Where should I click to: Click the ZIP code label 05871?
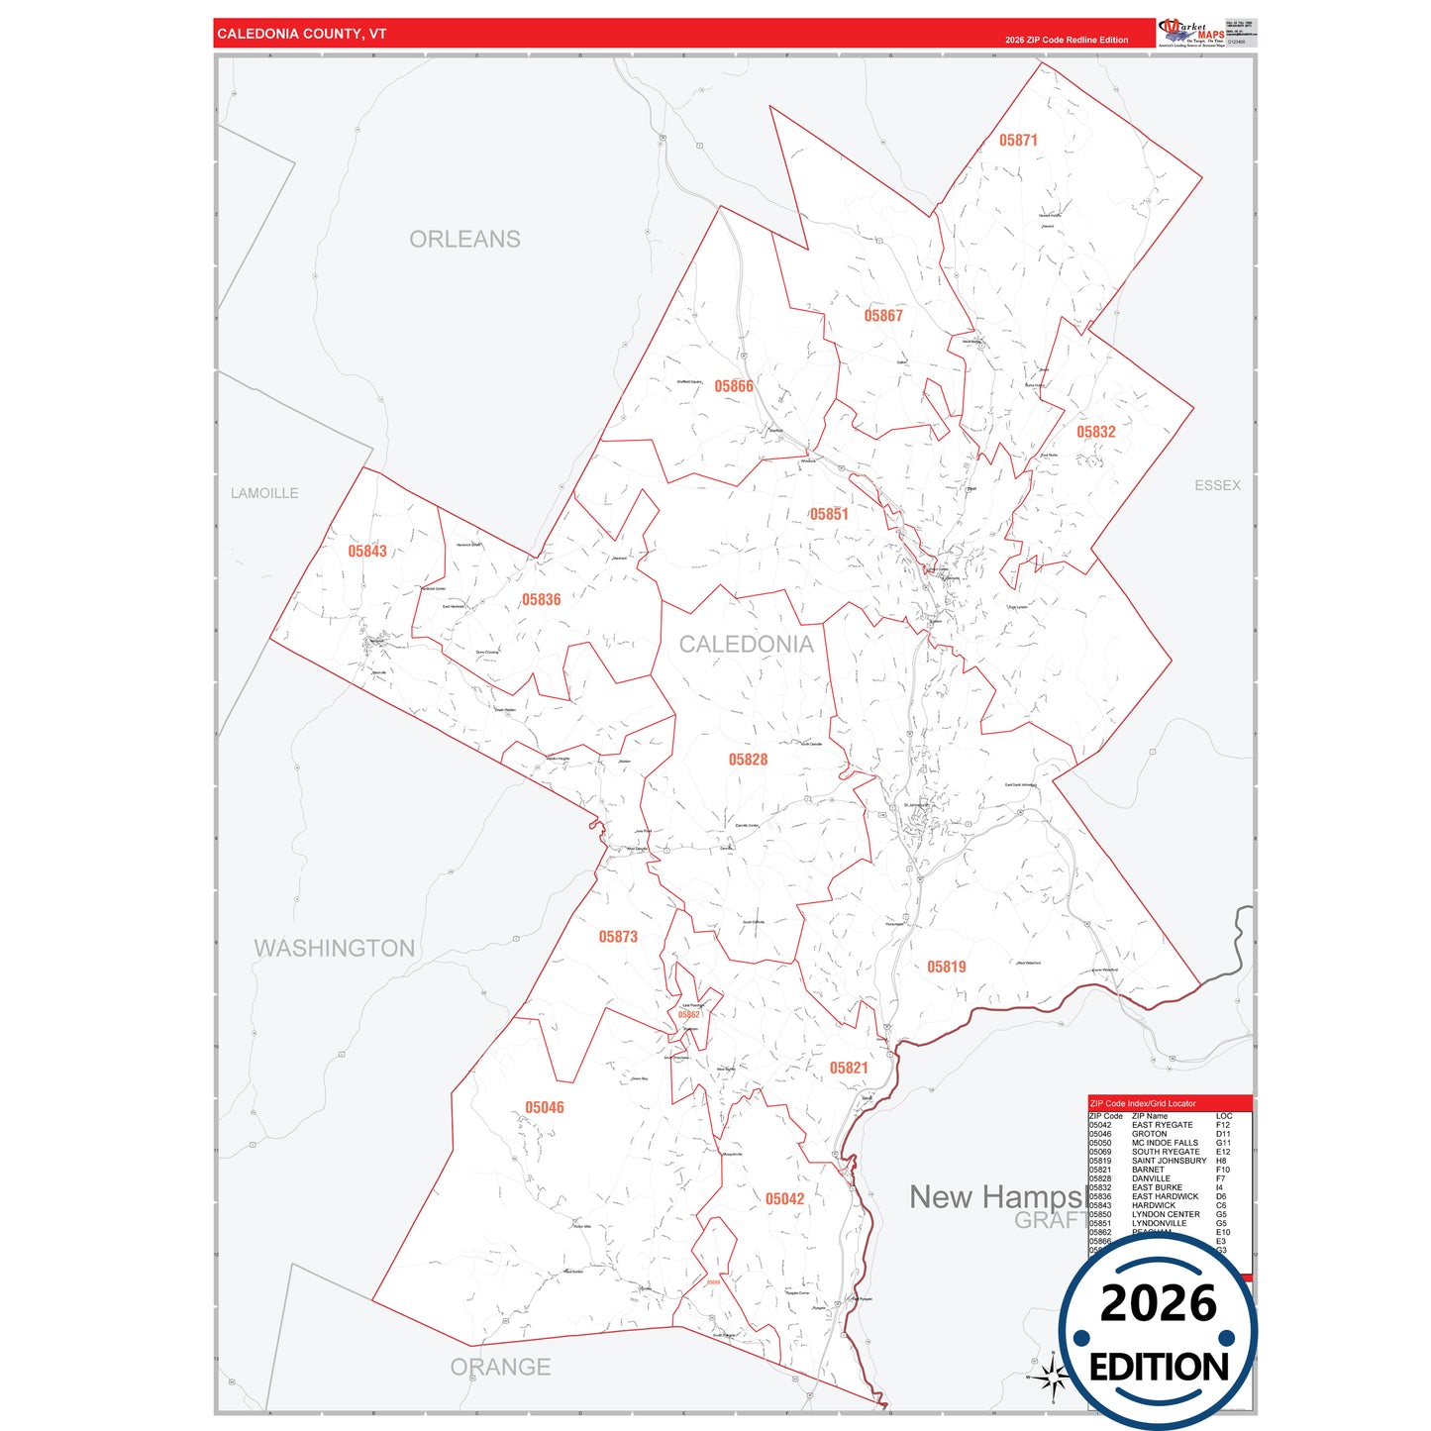tap(1018, 141)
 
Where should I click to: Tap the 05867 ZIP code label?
tap(883, 316)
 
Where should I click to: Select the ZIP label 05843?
tap(367, 552)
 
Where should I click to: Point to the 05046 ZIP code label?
tap(545, 1108)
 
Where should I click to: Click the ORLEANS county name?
tap(464, 240)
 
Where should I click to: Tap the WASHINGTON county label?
tap(335, 949)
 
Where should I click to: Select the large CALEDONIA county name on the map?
tap(747, 645)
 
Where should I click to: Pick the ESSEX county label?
tap(1217, 485)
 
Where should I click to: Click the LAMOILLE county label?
tap(264, 493)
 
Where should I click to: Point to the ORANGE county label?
tap(500, 1368)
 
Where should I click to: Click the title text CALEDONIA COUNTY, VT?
tap(302, 34)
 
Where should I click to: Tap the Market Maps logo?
tap(1191, 33)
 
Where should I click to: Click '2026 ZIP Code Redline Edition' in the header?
tap(1067, 41)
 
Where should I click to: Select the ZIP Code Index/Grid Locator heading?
tap(1143, 1103)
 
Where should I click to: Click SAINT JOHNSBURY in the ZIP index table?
tap(1170, 1161)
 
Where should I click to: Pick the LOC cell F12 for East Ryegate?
tap(1223, 1125)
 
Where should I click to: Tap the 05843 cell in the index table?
tap(1100, 1205)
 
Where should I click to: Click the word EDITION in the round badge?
tap(1159, 1368)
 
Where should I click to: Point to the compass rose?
tap(1054, 1376)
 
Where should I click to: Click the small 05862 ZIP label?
tap(689, 1015)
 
